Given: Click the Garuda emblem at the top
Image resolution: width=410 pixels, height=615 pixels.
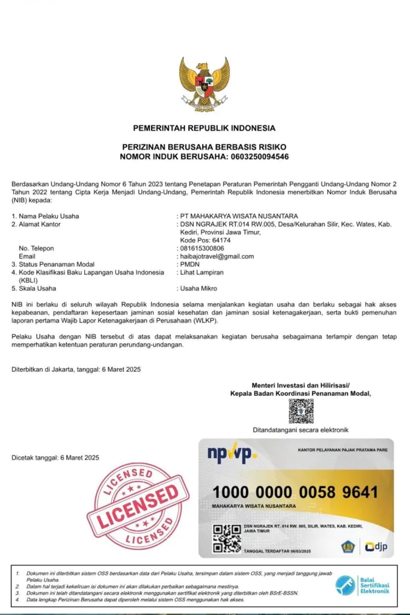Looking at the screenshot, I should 204,83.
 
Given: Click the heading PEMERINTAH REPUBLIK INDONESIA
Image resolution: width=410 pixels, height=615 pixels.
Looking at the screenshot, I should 204,128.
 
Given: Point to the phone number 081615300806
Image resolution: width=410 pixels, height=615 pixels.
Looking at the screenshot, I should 202,248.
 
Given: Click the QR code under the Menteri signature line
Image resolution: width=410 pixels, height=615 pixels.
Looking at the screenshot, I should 301,411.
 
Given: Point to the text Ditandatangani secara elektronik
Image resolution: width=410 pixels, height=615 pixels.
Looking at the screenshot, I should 301,430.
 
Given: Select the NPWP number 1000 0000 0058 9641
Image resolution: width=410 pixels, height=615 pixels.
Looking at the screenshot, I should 295,492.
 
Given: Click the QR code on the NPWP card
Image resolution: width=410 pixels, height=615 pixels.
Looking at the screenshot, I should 227,538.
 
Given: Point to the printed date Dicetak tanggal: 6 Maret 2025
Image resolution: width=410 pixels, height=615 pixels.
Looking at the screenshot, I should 55,458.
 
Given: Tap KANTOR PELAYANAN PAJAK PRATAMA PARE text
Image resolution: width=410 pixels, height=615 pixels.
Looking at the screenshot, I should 340,450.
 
